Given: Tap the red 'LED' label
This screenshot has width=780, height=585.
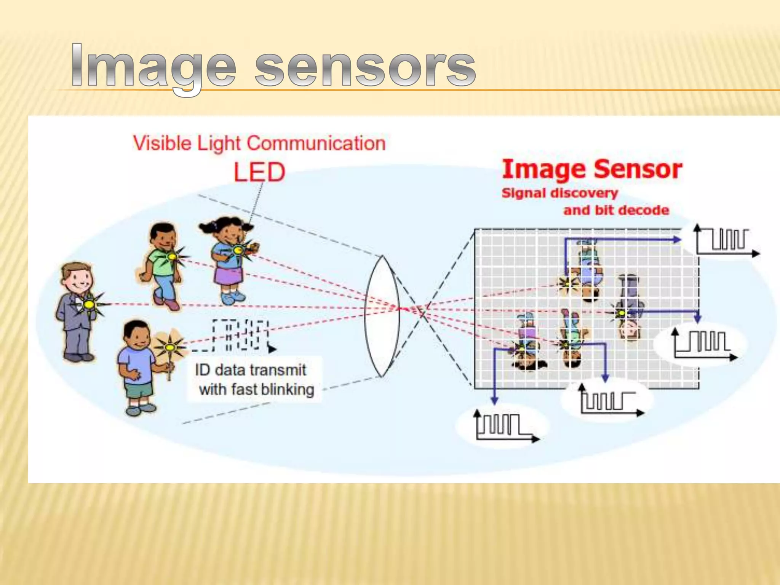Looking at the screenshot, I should click(x=259, y=172).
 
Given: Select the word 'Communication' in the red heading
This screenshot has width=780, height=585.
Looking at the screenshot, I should click(x=316, y=144).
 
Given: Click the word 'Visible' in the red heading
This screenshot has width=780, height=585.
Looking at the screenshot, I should click(x=162, y=144).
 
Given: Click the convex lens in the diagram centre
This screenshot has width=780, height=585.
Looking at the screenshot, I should click(x=382, y=316).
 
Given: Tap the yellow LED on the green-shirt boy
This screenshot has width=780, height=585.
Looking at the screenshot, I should click(x=172, y=256).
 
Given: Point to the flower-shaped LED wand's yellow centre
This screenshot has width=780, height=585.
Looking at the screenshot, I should click(x=169, y=347).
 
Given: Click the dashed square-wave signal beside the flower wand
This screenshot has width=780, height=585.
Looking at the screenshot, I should click(x=240, y=335).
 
